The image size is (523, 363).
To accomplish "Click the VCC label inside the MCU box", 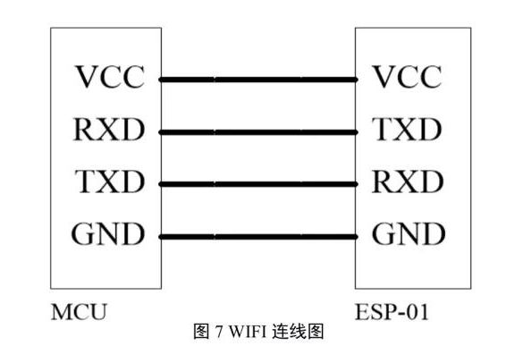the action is [x=110, y=77].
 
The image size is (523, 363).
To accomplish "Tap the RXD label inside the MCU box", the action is [x=109, y=130].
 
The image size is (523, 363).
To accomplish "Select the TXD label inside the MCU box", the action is [x=110, y=181].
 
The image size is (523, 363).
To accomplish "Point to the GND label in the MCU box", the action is [x=108, y=234].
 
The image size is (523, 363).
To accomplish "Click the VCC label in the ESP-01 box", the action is [x=407, y=77].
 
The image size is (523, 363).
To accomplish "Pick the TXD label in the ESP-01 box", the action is [x=407, y=130].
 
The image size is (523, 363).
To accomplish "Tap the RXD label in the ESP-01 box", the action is [x=408, y=181].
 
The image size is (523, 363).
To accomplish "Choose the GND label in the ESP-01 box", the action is [x=409, y=234].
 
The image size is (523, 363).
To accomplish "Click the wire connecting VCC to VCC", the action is [x=258, y=80].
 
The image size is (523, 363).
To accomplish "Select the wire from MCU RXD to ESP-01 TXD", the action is [x=258, y=132].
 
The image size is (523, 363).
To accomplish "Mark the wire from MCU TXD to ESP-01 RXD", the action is [x=258, y=184].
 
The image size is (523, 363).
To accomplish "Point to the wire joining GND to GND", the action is [x=258, y=237].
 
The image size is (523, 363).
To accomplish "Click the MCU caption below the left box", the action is [x=79, y=312].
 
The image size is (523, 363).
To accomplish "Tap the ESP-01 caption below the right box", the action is [x=392, y=312].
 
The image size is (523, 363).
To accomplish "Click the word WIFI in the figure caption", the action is [x=248, y=332].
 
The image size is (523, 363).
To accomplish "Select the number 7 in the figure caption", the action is [x=219, y=332].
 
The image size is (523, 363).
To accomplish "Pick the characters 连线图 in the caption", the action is [x=298, y=332].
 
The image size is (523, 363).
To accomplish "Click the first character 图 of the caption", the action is [x=202, y=332].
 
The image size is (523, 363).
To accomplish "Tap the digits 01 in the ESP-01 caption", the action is [x=417, y=312].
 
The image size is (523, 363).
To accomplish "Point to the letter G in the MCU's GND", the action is [x=83, y=234].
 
